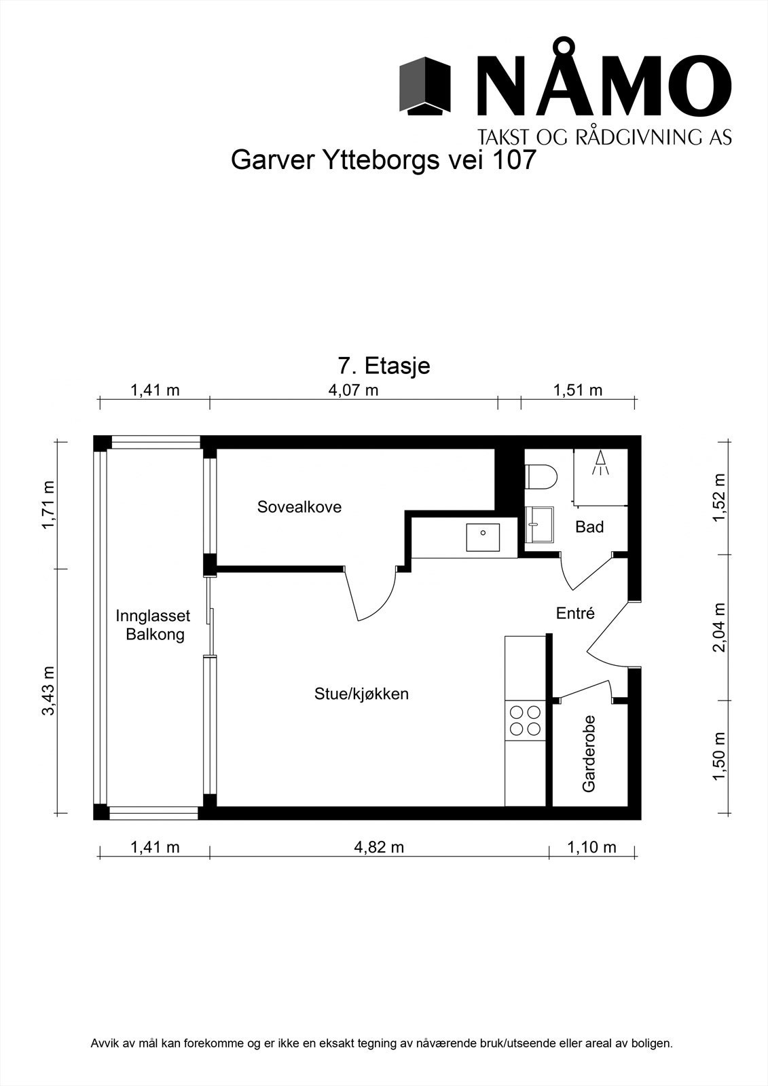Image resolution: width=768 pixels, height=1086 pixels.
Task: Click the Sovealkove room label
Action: pyautogui.click(x=299, y=507)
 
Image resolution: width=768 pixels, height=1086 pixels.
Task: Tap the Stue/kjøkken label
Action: pyautogui.click(x=361, y=695)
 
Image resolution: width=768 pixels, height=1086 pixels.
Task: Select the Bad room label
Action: pyautogui.click(x=589, y=527)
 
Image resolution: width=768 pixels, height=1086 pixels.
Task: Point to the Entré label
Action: pyautogui.click(x=575, y=614)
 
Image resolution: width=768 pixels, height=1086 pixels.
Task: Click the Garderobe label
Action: pyautogui.click(x=589, y=754)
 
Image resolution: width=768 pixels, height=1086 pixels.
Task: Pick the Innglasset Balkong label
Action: pyautogui.click(x=153, y=625)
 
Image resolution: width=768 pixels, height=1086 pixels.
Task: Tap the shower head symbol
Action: pyautogui.click(x=601, y=462)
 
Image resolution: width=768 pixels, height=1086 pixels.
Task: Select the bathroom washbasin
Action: pyautogui.click(x=539, y=525)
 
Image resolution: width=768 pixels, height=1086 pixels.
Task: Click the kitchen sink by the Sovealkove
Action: pyautogui.click(x=483, y=537)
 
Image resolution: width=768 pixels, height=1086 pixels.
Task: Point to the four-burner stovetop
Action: pyautogui.click(x=524, y=720)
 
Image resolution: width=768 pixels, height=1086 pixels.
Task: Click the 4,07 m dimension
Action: pyautogui.click(x=353, y=390)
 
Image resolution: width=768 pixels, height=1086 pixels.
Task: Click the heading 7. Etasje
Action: pyautogui.click(x=384, y=366)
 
